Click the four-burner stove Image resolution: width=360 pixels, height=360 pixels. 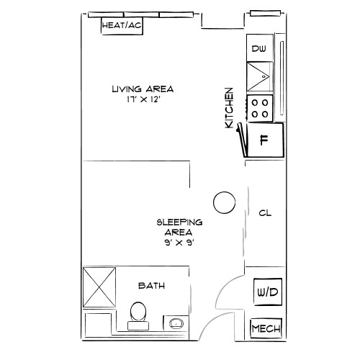260,108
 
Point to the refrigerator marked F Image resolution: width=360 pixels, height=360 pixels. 264,140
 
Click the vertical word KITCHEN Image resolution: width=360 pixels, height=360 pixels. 230,108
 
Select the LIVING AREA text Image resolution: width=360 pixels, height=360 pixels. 143,89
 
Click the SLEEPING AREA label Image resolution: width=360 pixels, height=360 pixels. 179,227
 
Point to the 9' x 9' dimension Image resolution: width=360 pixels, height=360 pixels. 179,243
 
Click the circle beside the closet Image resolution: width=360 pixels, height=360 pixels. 225,202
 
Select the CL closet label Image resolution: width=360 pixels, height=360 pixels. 264,213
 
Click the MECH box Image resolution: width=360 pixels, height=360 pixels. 265,329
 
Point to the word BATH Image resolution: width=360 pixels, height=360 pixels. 152,286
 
